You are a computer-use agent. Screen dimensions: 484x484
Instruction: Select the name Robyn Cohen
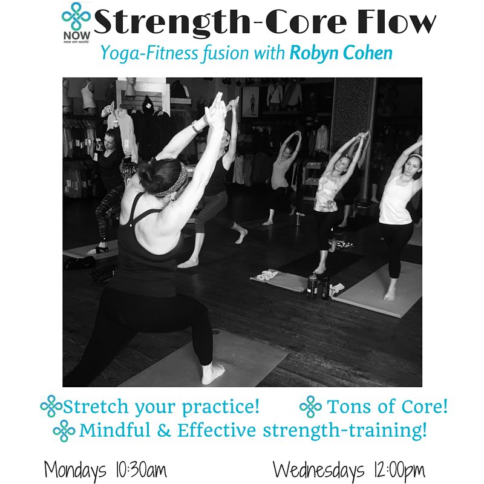click(x=341, y=53)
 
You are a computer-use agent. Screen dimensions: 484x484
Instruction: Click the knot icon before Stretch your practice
click(x=51, y=407)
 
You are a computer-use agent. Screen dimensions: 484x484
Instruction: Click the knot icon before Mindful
click(x=64, y=431)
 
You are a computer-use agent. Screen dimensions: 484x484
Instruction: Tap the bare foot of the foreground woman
click(x=213, y=373)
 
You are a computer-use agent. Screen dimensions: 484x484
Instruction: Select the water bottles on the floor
click(x=318, y=286)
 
